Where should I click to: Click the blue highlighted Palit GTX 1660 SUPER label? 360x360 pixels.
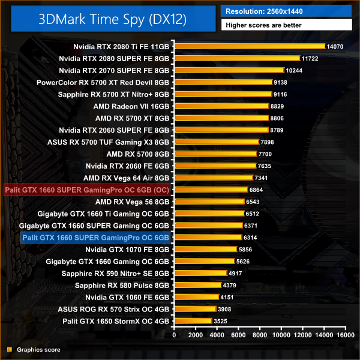(x=95, y=238)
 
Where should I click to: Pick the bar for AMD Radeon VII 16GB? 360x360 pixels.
(x=221, y=106)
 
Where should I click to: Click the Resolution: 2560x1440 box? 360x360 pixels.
(x=286, y=11)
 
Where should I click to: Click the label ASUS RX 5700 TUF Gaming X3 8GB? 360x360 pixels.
(x=109, y=142)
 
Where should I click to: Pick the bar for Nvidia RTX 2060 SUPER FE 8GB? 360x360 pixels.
(x=221, y=130)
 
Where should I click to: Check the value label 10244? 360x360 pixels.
(x=295, y=70)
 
